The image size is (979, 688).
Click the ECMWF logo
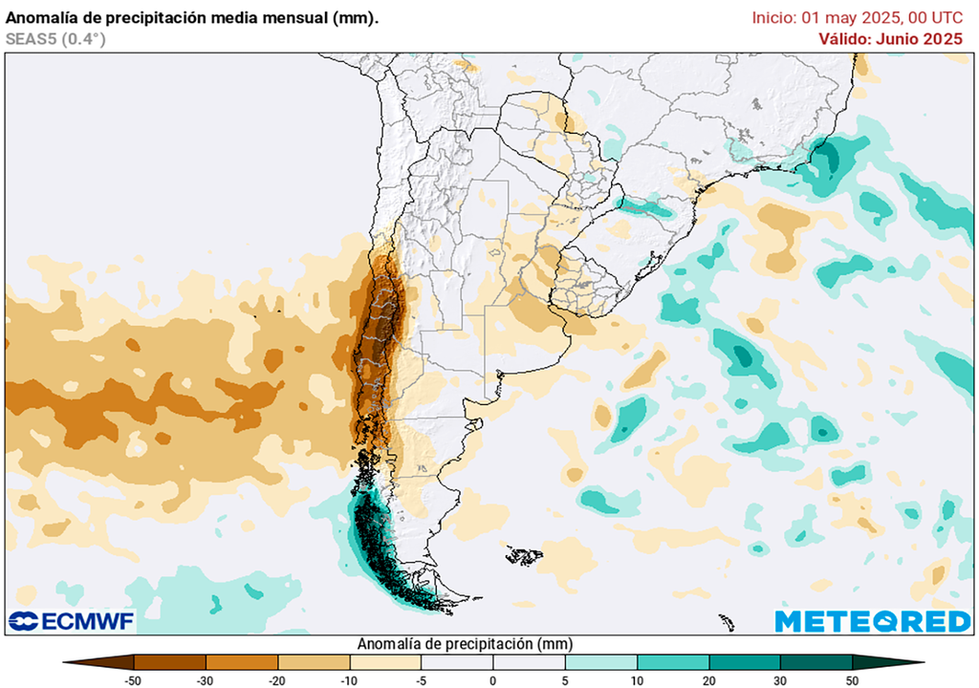[71, 622]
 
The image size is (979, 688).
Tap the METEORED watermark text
[872, 622]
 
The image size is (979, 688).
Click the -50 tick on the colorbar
[135, 679]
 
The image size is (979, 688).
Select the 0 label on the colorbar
[493, 679]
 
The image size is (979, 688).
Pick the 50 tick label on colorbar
[852, 679]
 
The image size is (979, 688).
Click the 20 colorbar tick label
[708, 679]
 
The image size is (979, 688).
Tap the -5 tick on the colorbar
[422, 679]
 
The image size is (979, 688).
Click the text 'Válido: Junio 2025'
[890, 38]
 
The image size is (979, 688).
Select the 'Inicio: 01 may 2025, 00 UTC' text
[858, 17]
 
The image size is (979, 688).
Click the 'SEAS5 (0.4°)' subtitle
[55, 38]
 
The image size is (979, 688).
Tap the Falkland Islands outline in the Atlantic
[524, 554]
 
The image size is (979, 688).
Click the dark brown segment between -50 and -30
[170, 661]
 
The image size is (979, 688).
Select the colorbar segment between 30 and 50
[816, 661]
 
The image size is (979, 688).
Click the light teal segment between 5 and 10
[600, 661]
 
